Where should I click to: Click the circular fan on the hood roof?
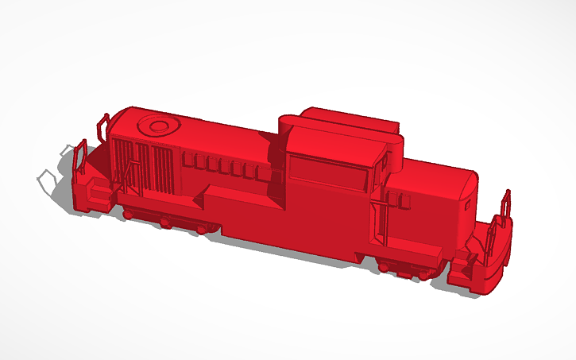[x=156, y=125]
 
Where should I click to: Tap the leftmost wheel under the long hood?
[x=127, y=212]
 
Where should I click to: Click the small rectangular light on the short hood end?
[x=466, y=206]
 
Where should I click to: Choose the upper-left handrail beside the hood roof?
[x=103, y=127]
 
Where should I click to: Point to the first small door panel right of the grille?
[x=189, y=161]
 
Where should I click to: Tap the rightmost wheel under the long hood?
[x=203, y=228]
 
